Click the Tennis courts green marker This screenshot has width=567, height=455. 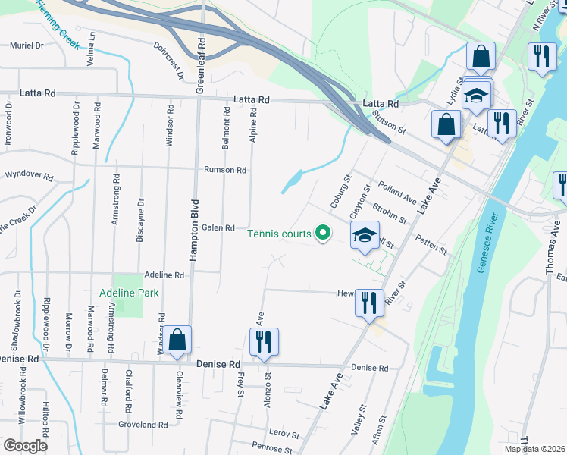pos(324,233)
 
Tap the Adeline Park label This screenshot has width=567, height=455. pos(121,292)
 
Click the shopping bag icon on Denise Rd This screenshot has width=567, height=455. pos(177,342)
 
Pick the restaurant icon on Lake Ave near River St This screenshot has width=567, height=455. pos(369,303)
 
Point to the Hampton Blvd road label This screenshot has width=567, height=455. pos(195,231)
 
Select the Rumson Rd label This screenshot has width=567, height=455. pos(225,170)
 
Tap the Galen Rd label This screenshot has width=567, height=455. pos(218,227)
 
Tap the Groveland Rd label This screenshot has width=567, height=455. pos(143,425)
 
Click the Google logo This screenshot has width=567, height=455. pos(25,446)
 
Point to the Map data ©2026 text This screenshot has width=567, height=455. pos(535,449)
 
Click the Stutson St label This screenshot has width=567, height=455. pos(390,118)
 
